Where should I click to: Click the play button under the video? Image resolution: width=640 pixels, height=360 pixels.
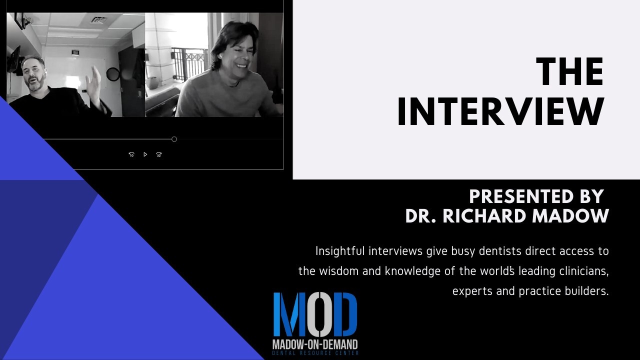click(145, 154)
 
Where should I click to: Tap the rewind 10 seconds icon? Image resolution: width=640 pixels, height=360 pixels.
click(131, 154)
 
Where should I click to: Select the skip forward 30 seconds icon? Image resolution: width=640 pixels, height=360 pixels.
click(159, 154)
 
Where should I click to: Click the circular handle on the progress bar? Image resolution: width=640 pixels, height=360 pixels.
click(174, 139)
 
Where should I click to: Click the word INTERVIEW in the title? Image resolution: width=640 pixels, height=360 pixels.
click(500, 111)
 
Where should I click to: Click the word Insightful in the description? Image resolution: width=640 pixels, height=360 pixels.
click(340, 251)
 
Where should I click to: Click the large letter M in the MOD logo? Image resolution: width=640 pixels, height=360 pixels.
click(289, 314)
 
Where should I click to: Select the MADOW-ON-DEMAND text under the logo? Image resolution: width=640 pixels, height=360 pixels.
click(315, 344)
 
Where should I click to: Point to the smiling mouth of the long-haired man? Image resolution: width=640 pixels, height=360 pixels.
click(241, 65)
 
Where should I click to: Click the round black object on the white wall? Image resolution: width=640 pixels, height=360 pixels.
click(113, 74)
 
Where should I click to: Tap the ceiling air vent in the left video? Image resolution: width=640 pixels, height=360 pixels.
click(99, 20)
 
